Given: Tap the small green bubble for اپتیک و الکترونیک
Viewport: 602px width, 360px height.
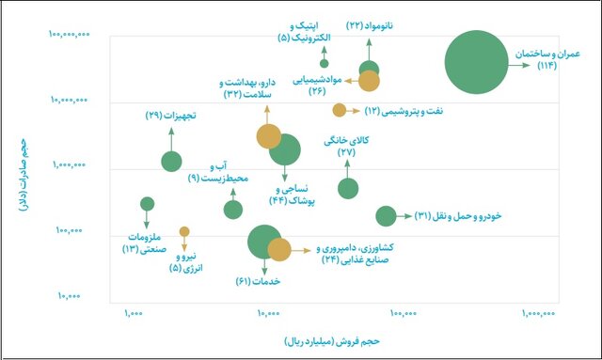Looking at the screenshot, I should point(325,64).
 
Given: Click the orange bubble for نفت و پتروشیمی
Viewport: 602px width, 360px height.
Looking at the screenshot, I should point(339,110).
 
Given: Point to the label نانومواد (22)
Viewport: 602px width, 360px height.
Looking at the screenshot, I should point(368,25).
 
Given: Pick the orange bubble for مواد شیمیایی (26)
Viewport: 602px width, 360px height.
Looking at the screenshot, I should point(369,81).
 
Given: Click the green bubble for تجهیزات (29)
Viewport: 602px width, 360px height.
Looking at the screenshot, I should point(171,162).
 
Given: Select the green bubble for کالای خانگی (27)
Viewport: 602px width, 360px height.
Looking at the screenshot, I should point(348,188).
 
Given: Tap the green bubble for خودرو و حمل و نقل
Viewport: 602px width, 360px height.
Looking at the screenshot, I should point(386,216).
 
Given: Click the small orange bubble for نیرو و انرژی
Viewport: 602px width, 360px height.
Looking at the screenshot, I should point(184,231).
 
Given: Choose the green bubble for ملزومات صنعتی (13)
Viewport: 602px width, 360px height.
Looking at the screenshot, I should point(147,204).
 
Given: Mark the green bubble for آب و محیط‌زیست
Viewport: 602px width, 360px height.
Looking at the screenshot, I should point(233,209).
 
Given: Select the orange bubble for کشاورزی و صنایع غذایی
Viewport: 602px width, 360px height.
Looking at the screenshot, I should point(279,250).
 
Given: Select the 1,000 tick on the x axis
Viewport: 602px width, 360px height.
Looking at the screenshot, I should point(132,314).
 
